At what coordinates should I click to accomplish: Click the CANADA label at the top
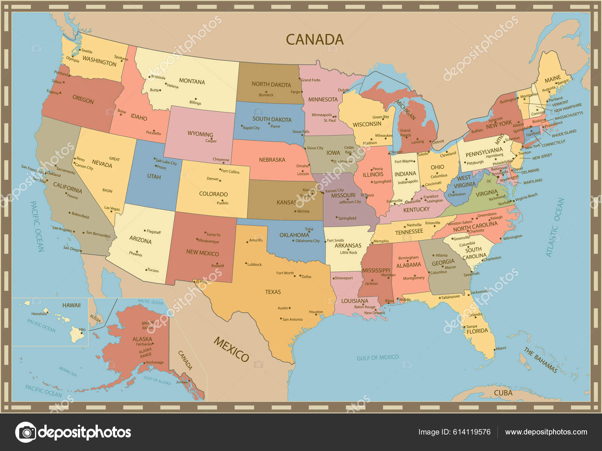[315, 39]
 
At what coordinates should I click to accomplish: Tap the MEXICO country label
[231, 349]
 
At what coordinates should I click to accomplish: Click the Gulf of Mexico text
[377, 357]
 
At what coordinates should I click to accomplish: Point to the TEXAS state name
[273, 292]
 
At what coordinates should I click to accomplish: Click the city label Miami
[501, 348]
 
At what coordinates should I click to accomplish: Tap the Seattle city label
[87, 51]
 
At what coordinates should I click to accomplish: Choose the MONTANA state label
[192, 82]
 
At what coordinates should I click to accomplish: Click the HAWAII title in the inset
[71, 305]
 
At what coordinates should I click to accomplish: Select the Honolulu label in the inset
[39, 313]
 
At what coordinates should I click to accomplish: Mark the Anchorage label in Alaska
[155, 362]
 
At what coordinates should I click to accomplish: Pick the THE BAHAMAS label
[540, 360]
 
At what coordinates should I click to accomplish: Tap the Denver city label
[213, 179]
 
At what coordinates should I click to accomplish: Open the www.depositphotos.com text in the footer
[546, 432]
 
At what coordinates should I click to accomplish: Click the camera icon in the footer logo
[26, 432]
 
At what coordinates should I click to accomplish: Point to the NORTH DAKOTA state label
[271, 85]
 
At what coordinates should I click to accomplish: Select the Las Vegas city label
[112, 208]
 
